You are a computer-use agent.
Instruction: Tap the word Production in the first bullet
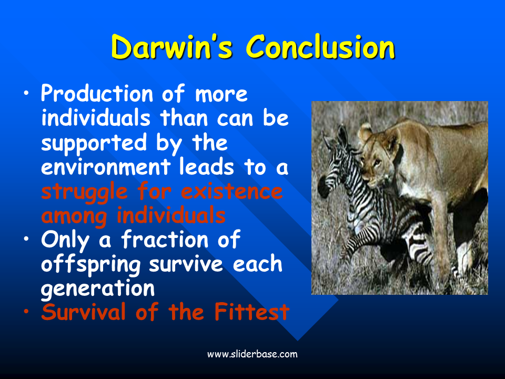(x=97, y=95)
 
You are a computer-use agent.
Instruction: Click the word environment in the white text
(x=106, y=167)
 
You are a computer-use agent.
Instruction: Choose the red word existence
(x=232, y=192)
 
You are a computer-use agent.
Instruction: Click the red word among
(x=74, y=216)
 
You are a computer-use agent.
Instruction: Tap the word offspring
(x=91, y=265)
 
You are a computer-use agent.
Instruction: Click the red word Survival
(x=83, y=312)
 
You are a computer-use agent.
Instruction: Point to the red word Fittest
(x=252, y=312)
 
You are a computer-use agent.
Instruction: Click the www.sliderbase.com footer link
(x=252, y=354)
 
